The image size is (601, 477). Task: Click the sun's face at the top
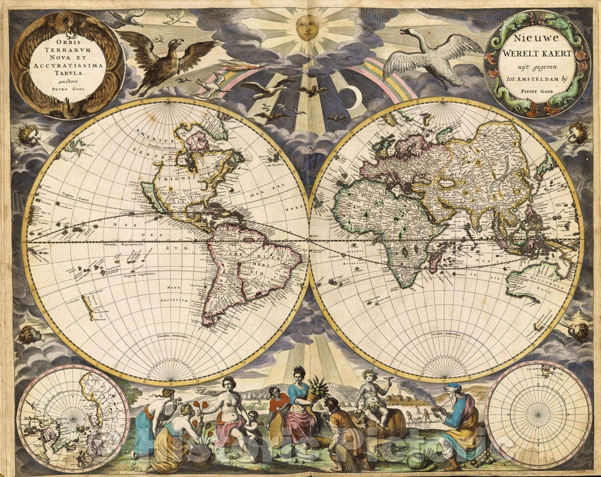[x=304, y=26]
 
